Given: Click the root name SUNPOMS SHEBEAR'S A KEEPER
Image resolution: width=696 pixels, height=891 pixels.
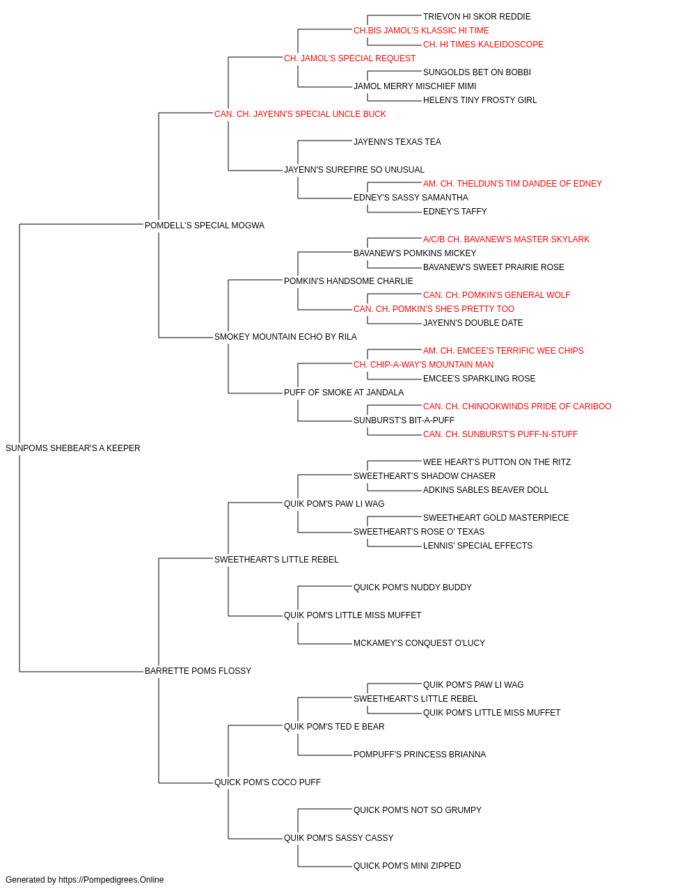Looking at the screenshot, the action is pos(73,448).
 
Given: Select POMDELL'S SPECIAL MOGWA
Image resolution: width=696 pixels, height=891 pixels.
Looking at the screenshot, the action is pos(205,226).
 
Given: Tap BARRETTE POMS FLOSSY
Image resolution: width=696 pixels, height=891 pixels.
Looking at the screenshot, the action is pos(198,671).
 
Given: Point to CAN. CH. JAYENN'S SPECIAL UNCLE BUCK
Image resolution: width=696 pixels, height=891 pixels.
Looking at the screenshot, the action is pos(300,114).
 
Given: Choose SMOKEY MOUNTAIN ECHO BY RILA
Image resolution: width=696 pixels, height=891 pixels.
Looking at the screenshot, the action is pos(285,337).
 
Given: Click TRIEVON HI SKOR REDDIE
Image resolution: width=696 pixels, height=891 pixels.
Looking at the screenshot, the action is pos(477,17).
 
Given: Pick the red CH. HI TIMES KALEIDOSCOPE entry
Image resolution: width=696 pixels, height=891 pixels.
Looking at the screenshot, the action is pos(483,45).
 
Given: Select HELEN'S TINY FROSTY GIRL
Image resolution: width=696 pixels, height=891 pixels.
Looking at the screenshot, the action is pos(480,100).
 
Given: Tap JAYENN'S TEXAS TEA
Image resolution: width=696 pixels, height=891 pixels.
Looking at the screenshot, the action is pos(397,142).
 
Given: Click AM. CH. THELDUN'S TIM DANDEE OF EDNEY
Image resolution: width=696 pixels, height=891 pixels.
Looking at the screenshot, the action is pos(512,184).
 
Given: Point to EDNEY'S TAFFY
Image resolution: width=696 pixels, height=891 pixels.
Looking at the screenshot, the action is pos(455,212).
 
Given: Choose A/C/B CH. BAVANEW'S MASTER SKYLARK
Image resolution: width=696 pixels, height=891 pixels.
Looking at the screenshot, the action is pos(506,239).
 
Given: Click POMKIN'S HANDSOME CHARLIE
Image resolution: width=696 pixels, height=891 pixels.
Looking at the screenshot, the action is pos(349,281).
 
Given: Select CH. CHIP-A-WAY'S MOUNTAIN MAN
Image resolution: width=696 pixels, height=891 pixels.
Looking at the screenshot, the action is pos(423,365).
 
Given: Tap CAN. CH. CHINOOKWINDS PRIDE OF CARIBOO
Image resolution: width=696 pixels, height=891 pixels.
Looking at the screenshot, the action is pos(517,407).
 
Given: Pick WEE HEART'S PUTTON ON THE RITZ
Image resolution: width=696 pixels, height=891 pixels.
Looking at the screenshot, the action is pos(497,462).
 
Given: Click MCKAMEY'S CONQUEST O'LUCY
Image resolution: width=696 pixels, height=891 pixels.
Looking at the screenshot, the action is pos(419,643).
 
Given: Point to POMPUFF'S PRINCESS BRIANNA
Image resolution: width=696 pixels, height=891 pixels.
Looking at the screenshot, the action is pos(420,755).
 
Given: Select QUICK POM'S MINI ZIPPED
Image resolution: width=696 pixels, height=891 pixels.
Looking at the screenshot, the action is pos(407,865).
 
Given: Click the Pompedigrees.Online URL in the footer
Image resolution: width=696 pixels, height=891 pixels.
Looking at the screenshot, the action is pos(111,880).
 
